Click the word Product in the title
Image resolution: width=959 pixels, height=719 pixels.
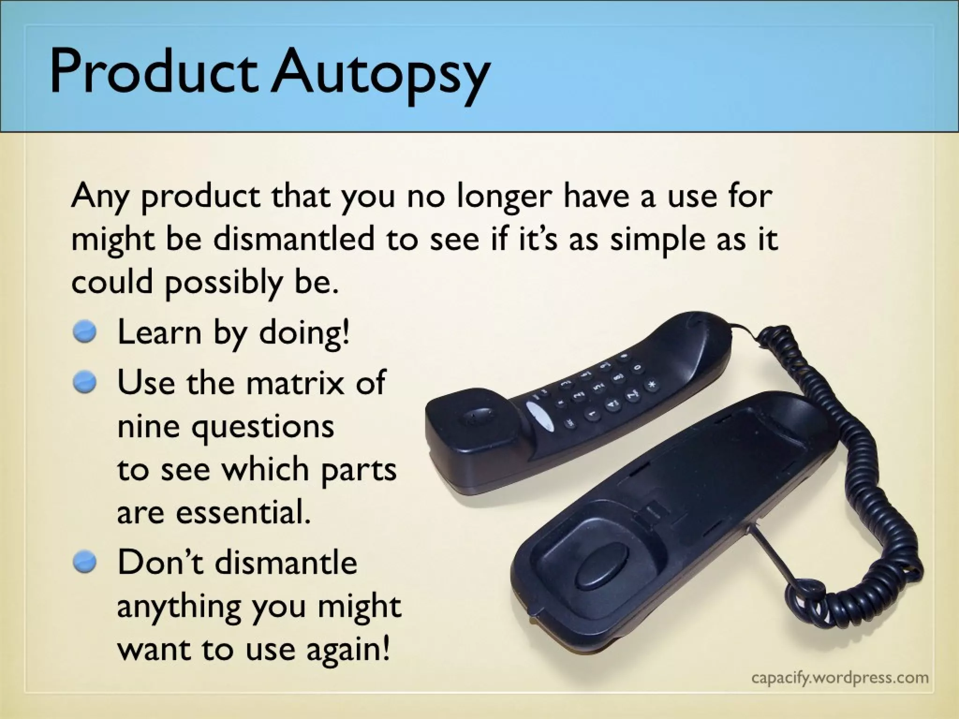pos(155,70)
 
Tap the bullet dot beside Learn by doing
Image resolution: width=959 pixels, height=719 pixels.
pos(85,333)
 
